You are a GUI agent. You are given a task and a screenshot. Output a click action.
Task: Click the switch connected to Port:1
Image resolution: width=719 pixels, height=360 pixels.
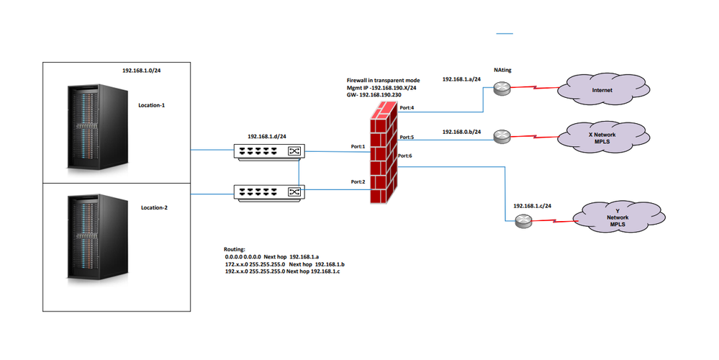[268, 150]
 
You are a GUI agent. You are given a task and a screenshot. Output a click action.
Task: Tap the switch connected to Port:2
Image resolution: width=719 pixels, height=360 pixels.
[268, 192]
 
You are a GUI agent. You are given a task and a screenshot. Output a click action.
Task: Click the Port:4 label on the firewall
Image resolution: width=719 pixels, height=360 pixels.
[407, 107]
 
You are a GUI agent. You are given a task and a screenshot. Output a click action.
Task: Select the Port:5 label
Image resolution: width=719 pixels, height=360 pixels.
[407, 137]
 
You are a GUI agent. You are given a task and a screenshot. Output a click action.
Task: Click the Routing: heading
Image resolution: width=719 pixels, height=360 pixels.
[235, 248]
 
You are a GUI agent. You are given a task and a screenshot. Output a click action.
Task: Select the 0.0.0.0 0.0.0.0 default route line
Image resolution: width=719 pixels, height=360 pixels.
[271, 256]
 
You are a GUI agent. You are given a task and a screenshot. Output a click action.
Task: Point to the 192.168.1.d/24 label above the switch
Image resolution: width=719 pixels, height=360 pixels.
[268, 135]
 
